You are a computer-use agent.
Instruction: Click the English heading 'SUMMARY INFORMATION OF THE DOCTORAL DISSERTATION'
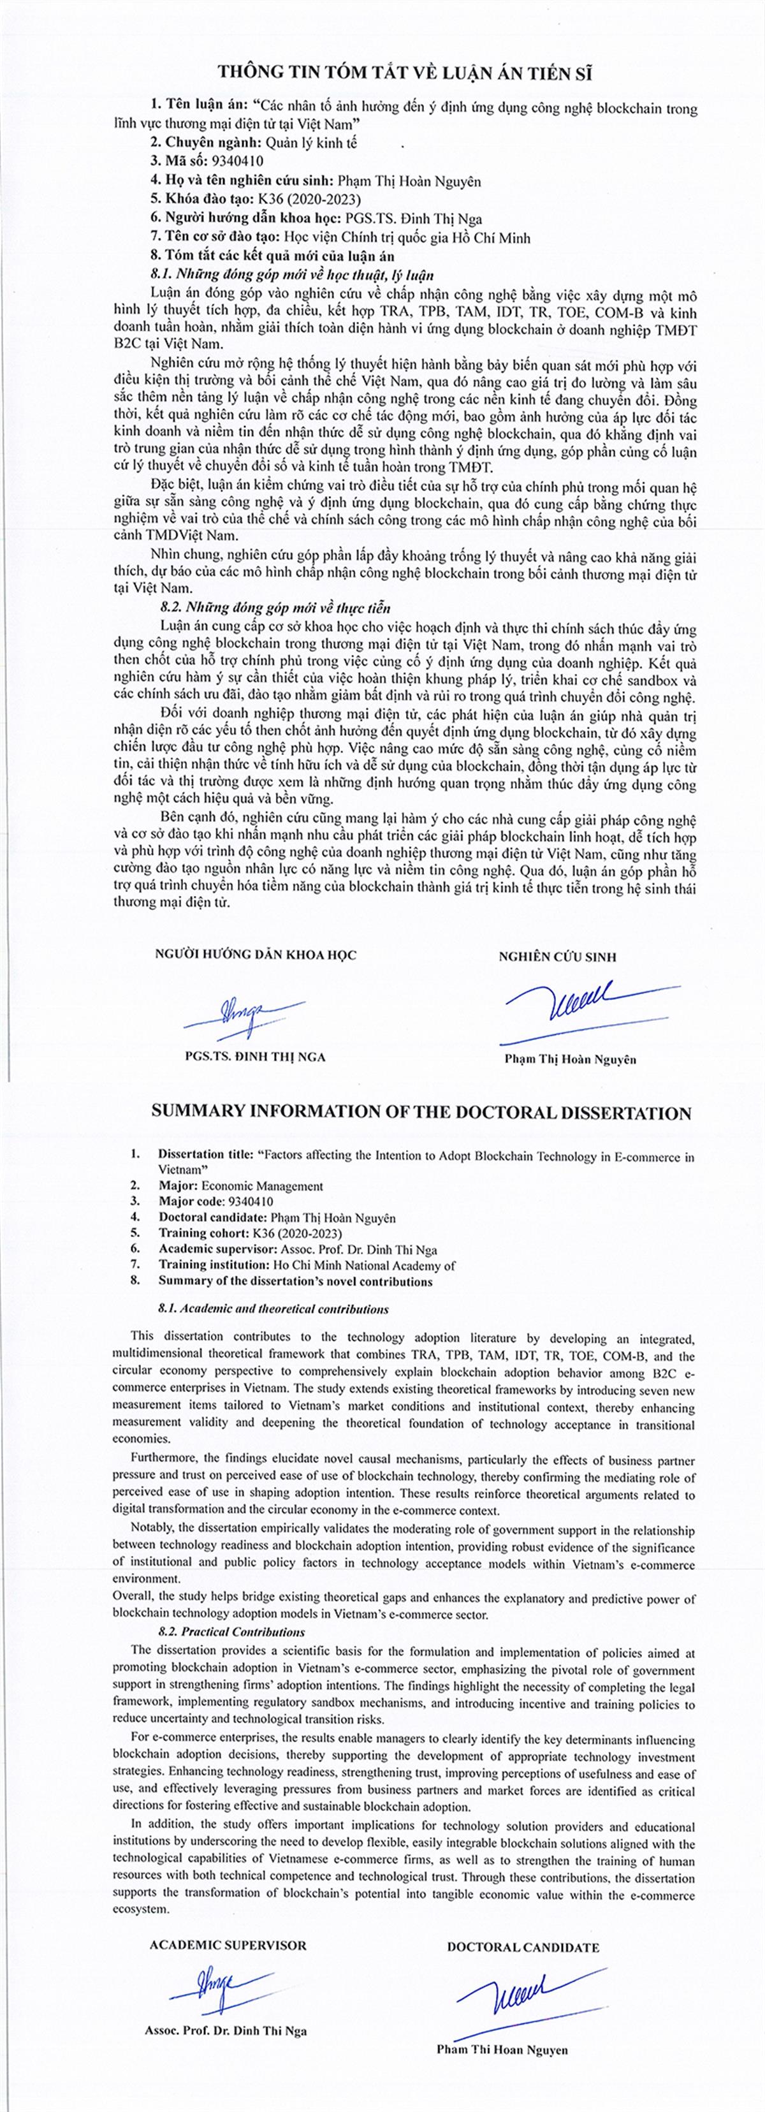click(x=421, y=1113)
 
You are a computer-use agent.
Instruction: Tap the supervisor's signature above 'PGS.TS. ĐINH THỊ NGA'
click(x=244, y=1016)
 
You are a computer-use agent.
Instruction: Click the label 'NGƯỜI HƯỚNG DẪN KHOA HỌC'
click(x=255, y=955)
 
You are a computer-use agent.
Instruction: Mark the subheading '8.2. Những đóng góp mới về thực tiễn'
click(x=275, y=608)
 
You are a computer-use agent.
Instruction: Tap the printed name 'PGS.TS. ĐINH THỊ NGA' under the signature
click(x=255, y=1056)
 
